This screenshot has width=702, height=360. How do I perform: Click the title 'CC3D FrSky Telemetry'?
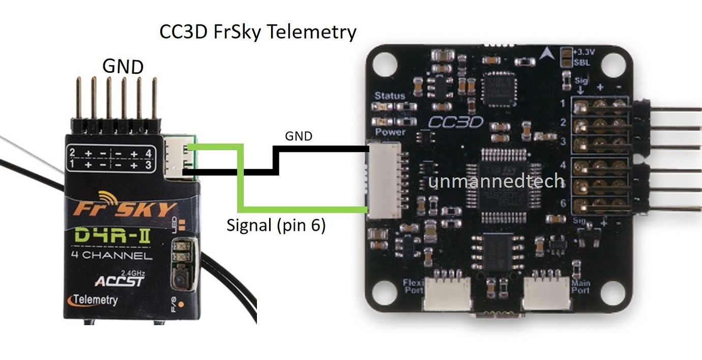[258, 32]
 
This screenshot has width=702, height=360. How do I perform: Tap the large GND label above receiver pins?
[123, 66]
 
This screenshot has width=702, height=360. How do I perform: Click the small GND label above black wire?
[299, 136]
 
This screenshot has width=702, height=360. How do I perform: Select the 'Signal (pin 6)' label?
[276, 225]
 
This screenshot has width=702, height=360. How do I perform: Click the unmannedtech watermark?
[496, 182]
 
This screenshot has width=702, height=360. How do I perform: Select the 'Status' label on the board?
[390, 95]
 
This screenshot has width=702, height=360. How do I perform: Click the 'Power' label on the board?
[390, 132]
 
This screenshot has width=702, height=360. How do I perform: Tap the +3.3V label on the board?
[582, 51]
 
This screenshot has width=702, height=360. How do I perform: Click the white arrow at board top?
[547, 53]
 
